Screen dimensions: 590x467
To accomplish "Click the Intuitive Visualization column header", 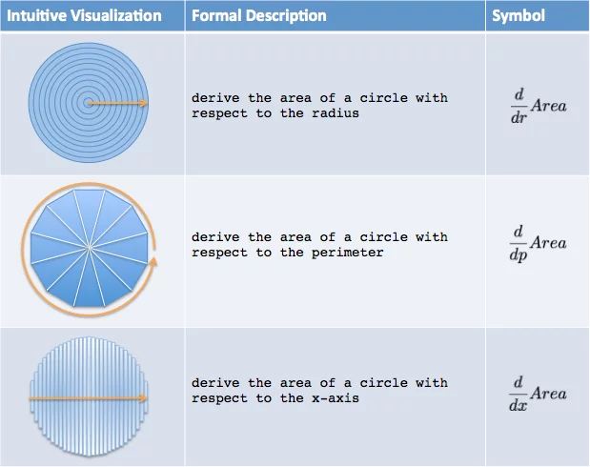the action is click(x=84, y=16).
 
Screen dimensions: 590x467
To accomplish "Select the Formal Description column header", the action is click(x=259, y=16).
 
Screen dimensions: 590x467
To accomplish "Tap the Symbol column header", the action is click(x=519, y=16).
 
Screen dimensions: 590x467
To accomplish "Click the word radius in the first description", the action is click(x=336, y=113).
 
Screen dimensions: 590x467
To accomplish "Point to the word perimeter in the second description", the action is click(x=347, y=253).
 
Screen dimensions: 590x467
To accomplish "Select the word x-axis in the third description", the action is click(x=336, y=398).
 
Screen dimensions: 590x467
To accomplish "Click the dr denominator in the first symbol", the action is click(x=519, y=118).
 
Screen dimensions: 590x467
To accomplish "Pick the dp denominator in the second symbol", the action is click(x=519, y=255).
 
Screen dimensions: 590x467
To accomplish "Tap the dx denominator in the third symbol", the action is click(x=519, y=405).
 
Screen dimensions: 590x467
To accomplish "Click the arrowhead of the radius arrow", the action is click(x=144, y=103).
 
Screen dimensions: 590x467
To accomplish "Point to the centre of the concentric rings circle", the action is click(x=89, y=103).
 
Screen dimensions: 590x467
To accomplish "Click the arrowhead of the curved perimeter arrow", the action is click(x=153, y=261).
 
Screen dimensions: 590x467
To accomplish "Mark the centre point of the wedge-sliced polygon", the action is click(x=90, y=248).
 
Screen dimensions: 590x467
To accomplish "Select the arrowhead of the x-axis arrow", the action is click(x=143, y=398).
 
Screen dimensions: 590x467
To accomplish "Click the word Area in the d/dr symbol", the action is click(x=549, y=106).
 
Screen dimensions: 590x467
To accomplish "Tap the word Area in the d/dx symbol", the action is click(x=549, y=394).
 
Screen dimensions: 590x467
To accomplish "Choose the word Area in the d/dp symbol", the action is click(x=549, y=243).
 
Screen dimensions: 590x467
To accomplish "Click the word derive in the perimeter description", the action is click(x=215, y=237).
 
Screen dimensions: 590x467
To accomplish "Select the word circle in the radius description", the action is click(x=383, y=98).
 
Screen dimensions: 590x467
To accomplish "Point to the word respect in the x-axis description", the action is click(x=220, y=398).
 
